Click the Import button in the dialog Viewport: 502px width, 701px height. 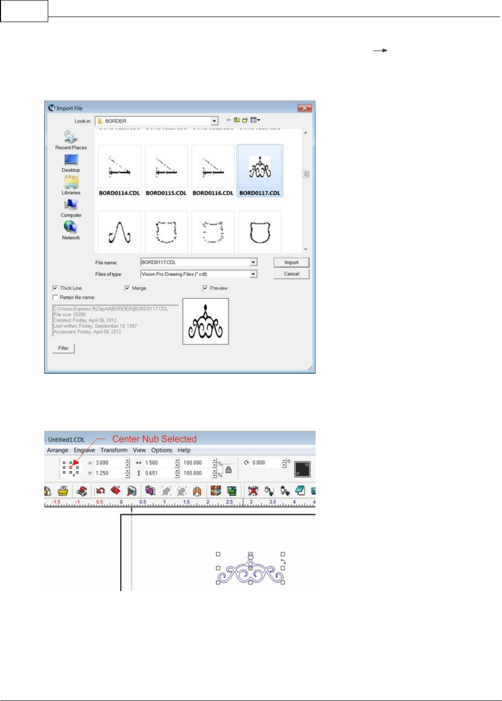pyautogui.click(x=291, y=263)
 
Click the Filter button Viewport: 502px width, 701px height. pyautogui.click(x=63, y=348)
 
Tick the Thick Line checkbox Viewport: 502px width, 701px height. pyautogui.click(x=55, y=288)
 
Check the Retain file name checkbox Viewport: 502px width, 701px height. pyautogui.click(x=55, y=297)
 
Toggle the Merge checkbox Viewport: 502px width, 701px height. pyautogui.click(x=127, y=288)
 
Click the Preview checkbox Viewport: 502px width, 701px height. pyautogui.click(x=205, y=288)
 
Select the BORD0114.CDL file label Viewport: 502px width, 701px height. pyautogui.click(x=119, y=193)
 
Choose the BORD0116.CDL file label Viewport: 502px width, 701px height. pyautogui.click(x=213, y=193)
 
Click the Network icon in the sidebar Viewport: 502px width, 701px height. pyautogui.click(x=71, y=228)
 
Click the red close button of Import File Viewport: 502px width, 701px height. pyautogui.click(x=305, y=108)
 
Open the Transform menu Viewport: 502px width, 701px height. pyautogui.click(x=114, y=450)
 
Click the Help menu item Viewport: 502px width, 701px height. pyautogui.click(x=184, y=450)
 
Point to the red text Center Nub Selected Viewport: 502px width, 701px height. pyautogui.click(x=154, y=439)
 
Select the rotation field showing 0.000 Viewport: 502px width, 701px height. pyautogui.click(x=265, y=463)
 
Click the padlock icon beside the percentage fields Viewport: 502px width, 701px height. pyautogui.click(x=229, y=470)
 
